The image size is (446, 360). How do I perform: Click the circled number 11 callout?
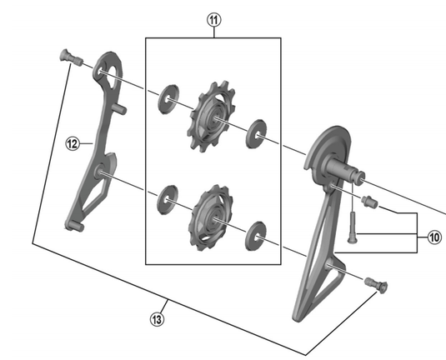pos(214,20)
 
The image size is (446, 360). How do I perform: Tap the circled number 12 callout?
pos(73,143)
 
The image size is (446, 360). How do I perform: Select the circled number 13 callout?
pos(157,319)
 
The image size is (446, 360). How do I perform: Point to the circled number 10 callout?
pos(434,237)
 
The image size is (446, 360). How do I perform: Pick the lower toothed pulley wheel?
pos(211,217)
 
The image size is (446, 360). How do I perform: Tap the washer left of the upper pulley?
pos(168,99)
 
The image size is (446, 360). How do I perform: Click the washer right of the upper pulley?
pos(256,134)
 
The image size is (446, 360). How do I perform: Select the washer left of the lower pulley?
pos(168,200)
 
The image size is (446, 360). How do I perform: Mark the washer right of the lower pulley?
pos(255,236)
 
